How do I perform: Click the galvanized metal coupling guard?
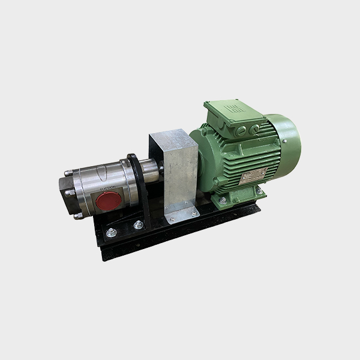175,171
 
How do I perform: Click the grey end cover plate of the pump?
71,192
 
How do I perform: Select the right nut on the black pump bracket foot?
139,226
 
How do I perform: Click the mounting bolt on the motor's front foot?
223,202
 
